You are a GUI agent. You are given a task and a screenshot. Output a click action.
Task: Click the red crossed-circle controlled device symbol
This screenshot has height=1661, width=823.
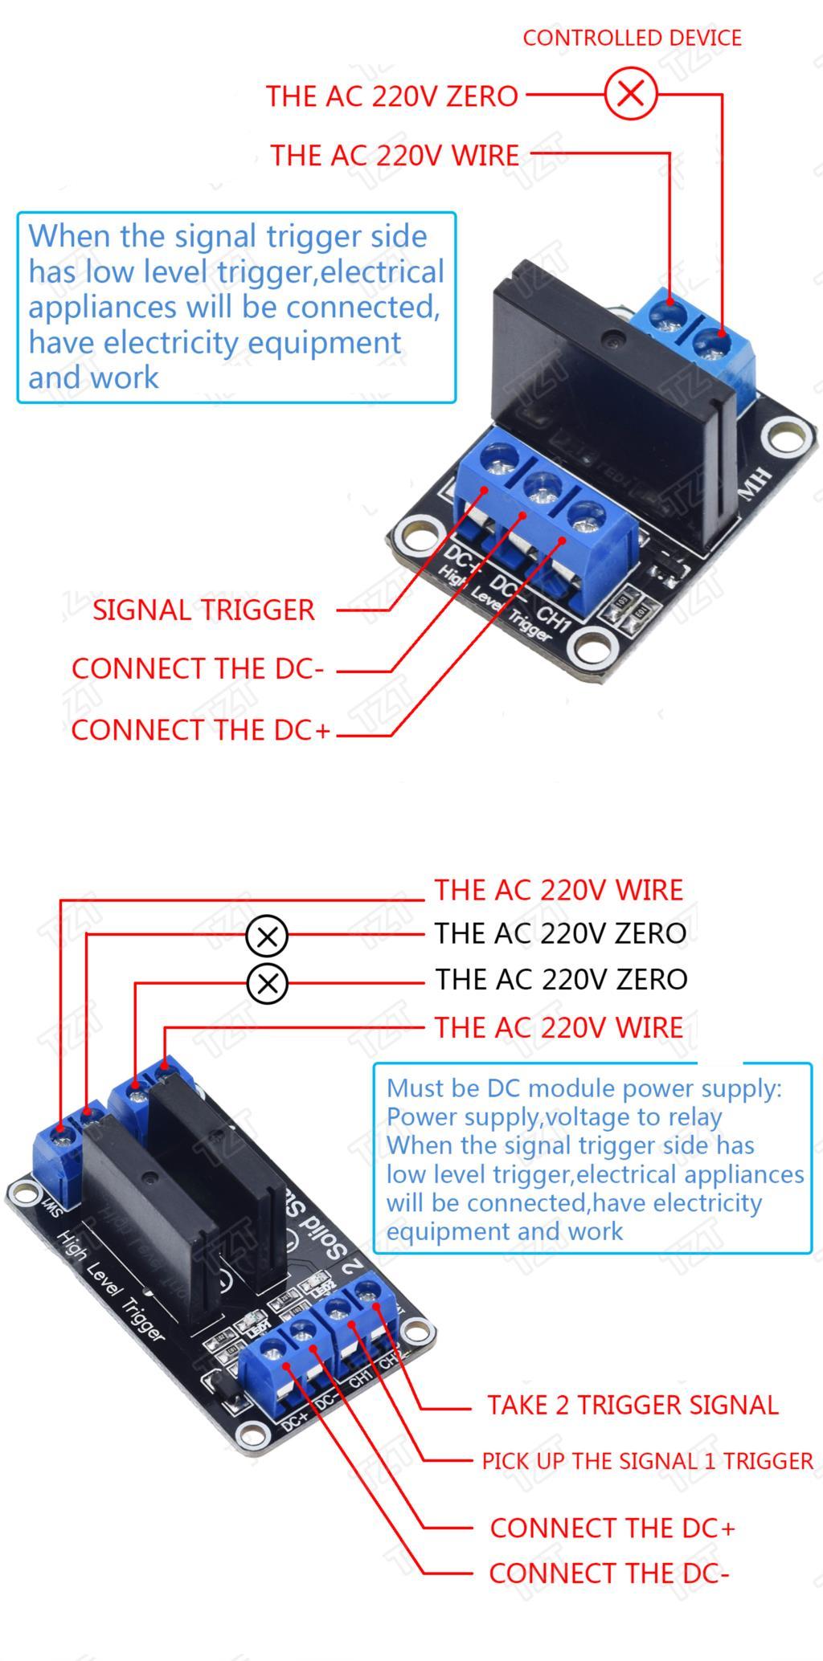pyautogui.click(x=631, y=94)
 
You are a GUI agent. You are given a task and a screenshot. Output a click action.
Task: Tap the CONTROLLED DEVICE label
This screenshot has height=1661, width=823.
pyautogui.click(x=632, y=38)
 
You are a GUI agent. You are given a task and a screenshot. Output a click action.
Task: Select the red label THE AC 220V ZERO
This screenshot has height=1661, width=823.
pyautogui.click(x=392, y=96)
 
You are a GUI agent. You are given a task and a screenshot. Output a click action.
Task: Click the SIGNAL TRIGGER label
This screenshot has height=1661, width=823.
pyautogui.click(x=203, y=610)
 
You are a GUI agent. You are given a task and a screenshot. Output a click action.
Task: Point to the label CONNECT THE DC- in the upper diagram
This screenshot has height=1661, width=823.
pyautogui.click(x=197, y=669)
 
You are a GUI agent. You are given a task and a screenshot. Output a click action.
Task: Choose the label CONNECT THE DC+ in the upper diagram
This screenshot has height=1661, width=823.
pyautogui.click(x=200, y=730)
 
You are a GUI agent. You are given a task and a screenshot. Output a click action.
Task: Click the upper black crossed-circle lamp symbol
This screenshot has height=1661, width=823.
pyautogui.click(x=267, y=937)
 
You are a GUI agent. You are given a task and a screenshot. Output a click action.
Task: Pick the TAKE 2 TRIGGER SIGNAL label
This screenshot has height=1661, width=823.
pyautogui.click(x=633, y=1405)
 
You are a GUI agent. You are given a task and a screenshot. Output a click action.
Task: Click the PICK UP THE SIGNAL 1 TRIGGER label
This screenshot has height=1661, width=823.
pyautogui.click(x=647, y=1461)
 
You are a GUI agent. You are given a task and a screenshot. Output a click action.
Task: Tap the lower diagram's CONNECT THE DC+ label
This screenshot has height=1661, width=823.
pyautogui.click(x=612, y=1528)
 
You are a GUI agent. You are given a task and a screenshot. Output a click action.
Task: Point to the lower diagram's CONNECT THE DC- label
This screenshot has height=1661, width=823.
pyautogui.click(x=608, y=1573)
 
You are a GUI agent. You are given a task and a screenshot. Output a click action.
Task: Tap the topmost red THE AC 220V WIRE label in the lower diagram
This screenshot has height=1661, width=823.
pyautogui.click(x=559, y=890)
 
